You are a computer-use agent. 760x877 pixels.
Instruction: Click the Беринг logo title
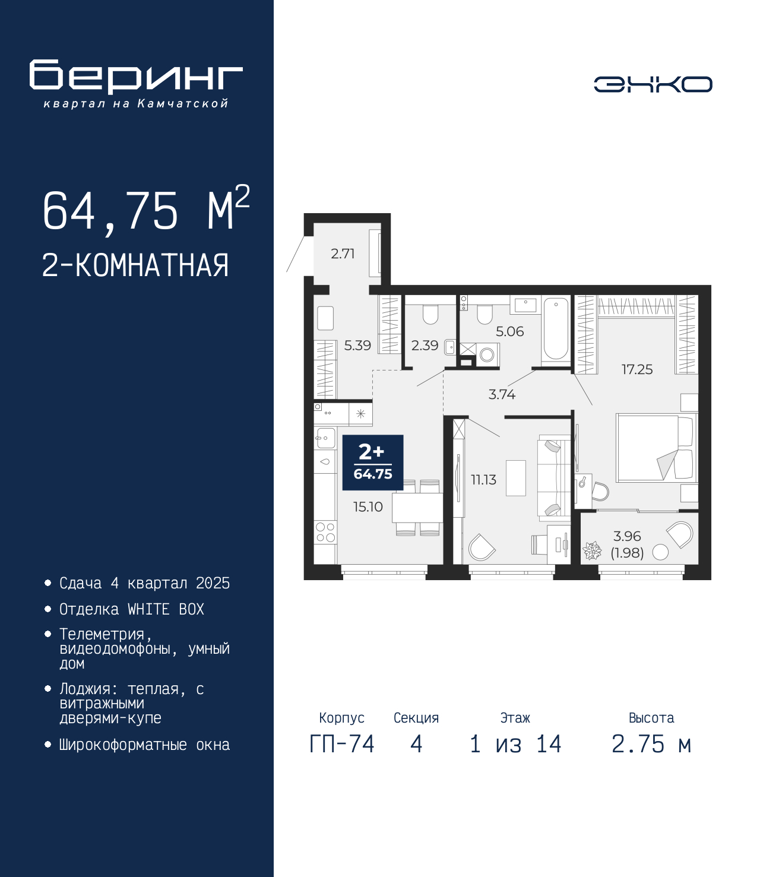pos(136,77)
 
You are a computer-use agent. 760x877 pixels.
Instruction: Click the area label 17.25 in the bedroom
pos(637,369)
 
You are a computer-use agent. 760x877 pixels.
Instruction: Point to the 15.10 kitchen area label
pos(368,506)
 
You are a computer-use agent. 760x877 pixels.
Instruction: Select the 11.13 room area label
pos(483,479)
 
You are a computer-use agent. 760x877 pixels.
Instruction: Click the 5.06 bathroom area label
pos(509,331)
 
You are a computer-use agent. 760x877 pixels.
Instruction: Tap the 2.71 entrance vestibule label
pos(343,254)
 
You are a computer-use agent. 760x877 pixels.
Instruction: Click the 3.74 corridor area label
pos(502,395)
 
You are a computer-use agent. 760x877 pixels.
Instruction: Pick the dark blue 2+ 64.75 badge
pos(372,463)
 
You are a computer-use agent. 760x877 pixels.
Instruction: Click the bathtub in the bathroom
pos(556,329)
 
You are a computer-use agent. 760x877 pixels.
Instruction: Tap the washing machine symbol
pos(487,354)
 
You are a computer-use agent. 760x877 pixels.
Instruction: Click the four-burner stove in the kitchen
pos(325,533)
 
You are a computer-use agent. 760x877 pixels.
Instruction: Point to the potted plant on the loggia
pos(592,551)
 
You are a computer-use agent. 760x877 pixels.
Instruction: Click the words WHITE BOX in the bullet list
pos(166,609)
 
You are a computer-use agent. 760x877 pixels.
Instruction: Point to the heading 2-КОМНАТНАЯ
pos(135,265)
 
